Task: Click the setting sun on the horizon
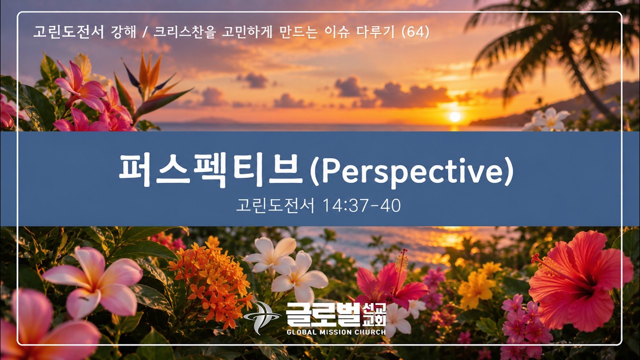pyautogui.click(x=455, y=117)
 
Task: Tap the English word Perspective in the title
pyautogui.click(x=411, y=171)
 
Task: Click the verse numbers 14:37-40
pyautogui.click(x=361, y=205)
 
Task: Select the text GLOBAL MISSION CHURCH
pyautogui.click(x=336, y=332)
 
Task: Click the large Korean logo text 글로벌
pyautogui.click(x=323, y=314)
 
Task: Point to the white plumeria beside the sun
pyautogui.click(x=547, y=119)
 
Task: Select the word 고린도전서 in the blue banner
pyautogui.click(x=275, y=205)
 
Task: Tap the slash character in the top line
pyautogui.click(x=145, y=32)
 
